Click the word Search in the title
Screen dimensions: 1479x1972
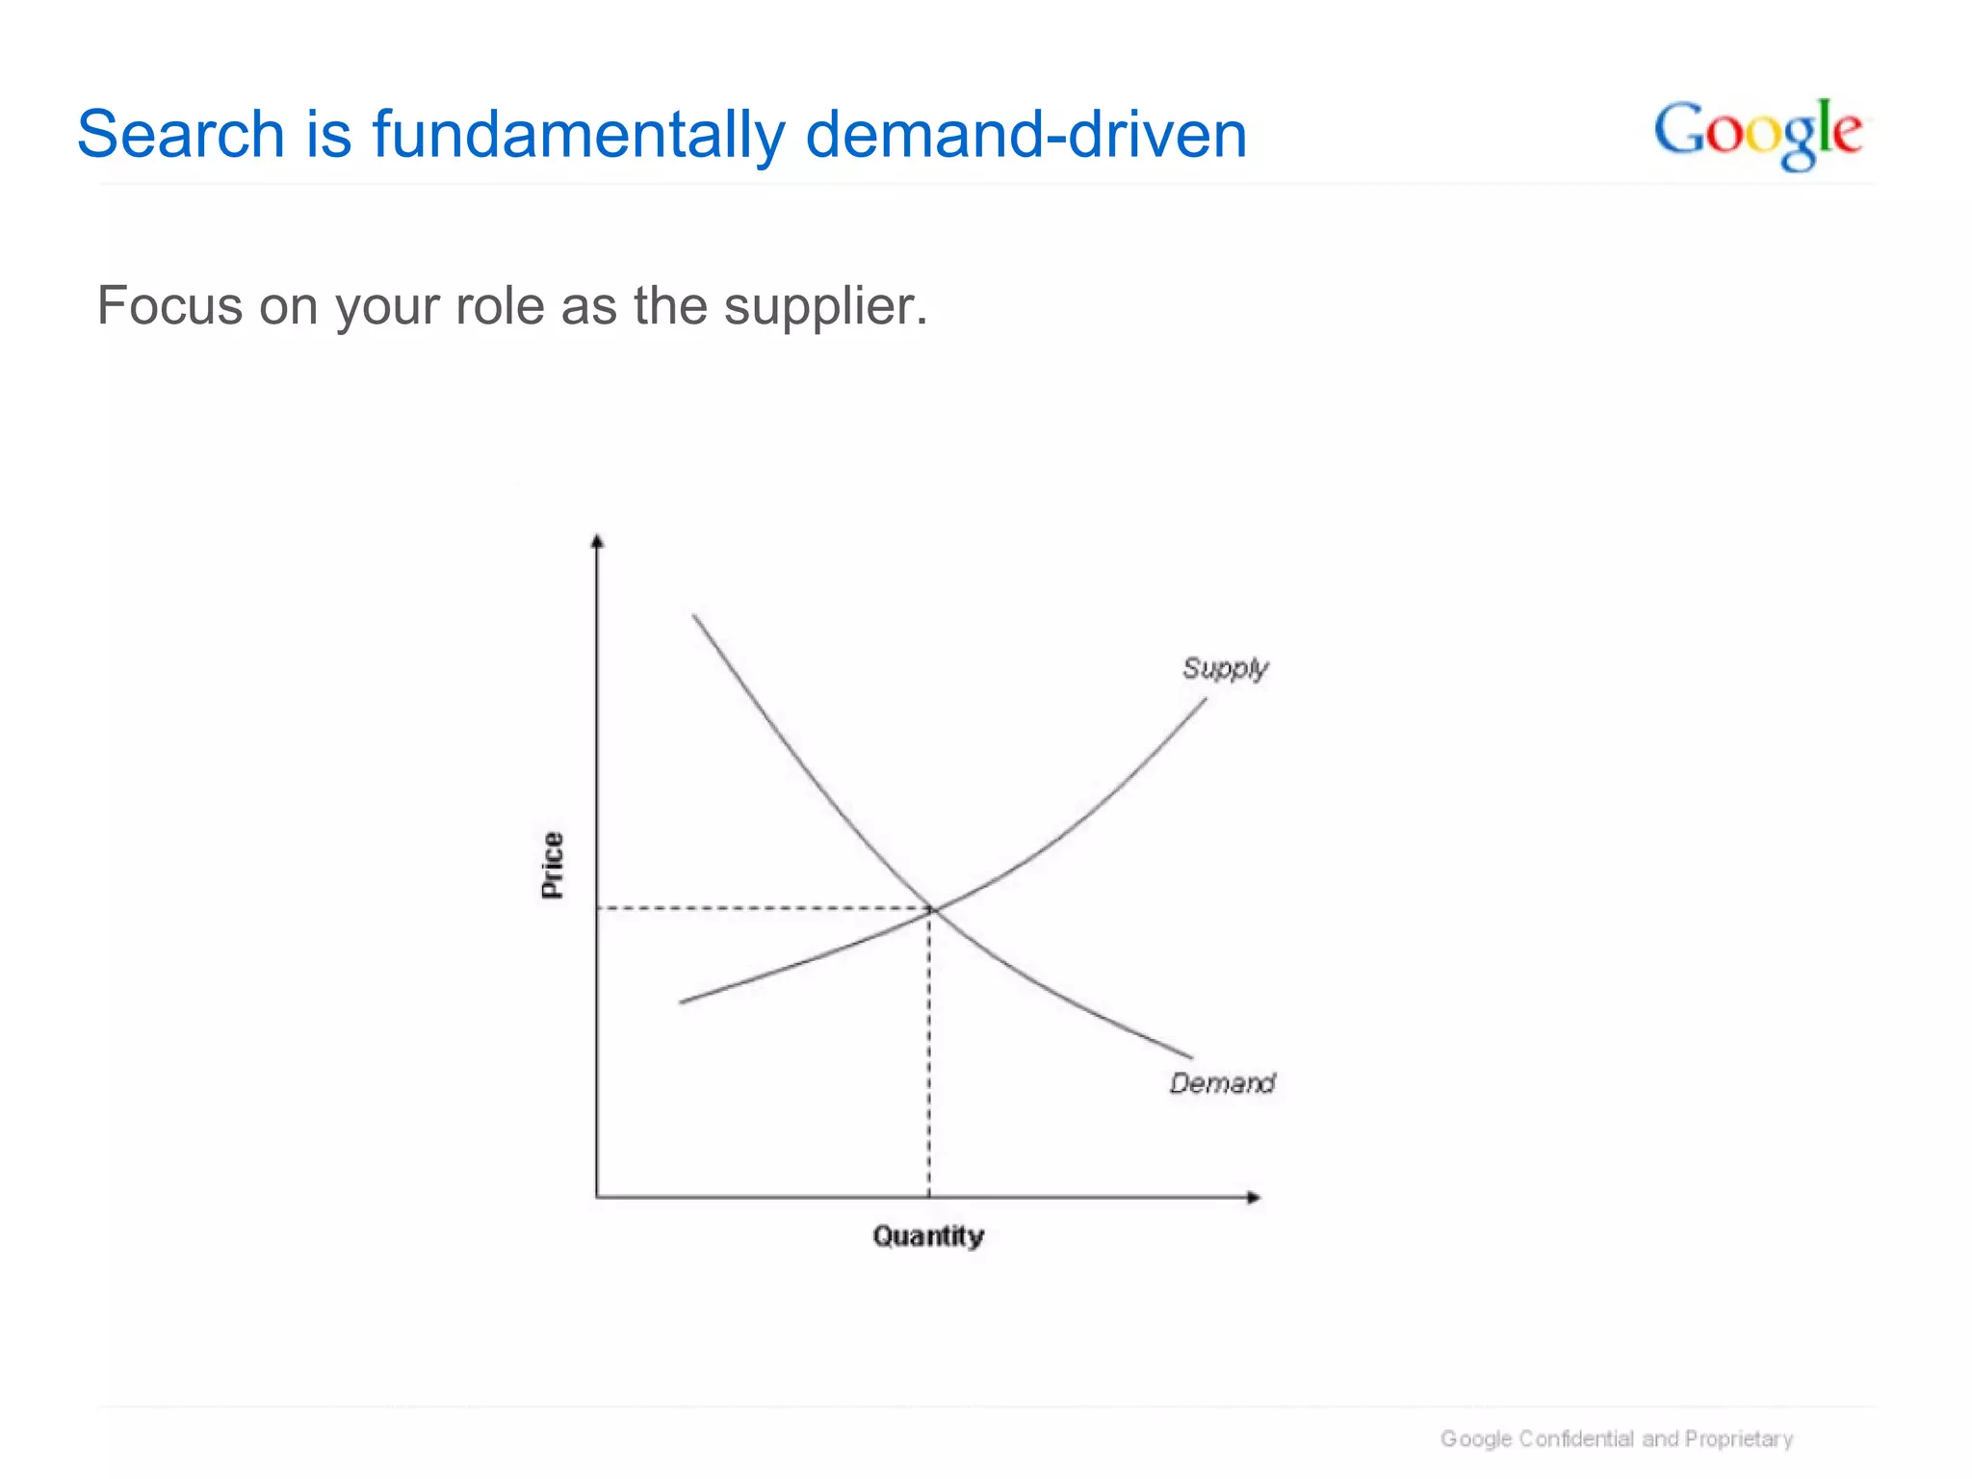pyautogui.click(x=180, y=134)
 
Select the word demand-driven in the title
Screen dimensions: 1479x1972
pyautogui.click(x=1025, y=134)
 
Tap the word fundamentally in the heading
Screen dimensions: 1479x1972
pyautogui.click(x=579, y=134)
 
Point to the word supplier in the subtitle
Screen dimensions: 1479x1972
pyautogui.click(x=825, y=307)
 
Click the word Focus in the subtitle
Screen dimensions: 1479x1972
pyautogui.click(x=169, y=306)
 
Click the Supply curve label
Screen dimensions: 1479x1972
pyautogui.click(x=1225, y=668)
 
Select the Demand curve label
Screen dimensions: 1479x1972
pyautogui.click(x=1222, y=1083)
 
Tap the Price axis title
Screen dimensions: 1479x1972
pyautogui.click(x=552, y=865)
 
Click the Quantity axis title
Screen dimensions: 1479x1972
pyautogui.click(x=928, y=1235)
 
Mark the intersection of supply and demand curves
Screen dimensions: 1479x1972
pyautogui.click(x=930, y=908)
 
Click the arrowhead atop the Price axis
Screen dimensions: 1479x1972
pyautogui.click(x=597, y=540)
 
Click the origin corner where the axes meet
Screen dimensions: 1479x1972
pyautogui.click(x=597, y=1197)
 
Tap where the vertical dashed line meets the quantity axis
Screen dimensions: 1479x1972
pyautogui.click(x=929, y=1197)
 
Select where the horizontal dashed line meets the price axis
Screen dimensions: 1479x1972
pyautogui.click(x=597, y=908)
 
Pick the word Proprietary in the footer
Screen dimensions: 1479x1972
pyautogui.click(x=1738, y=1439)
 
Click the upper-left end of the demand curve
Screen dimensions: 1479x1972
pyautogui.click(x=694, y=615)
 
